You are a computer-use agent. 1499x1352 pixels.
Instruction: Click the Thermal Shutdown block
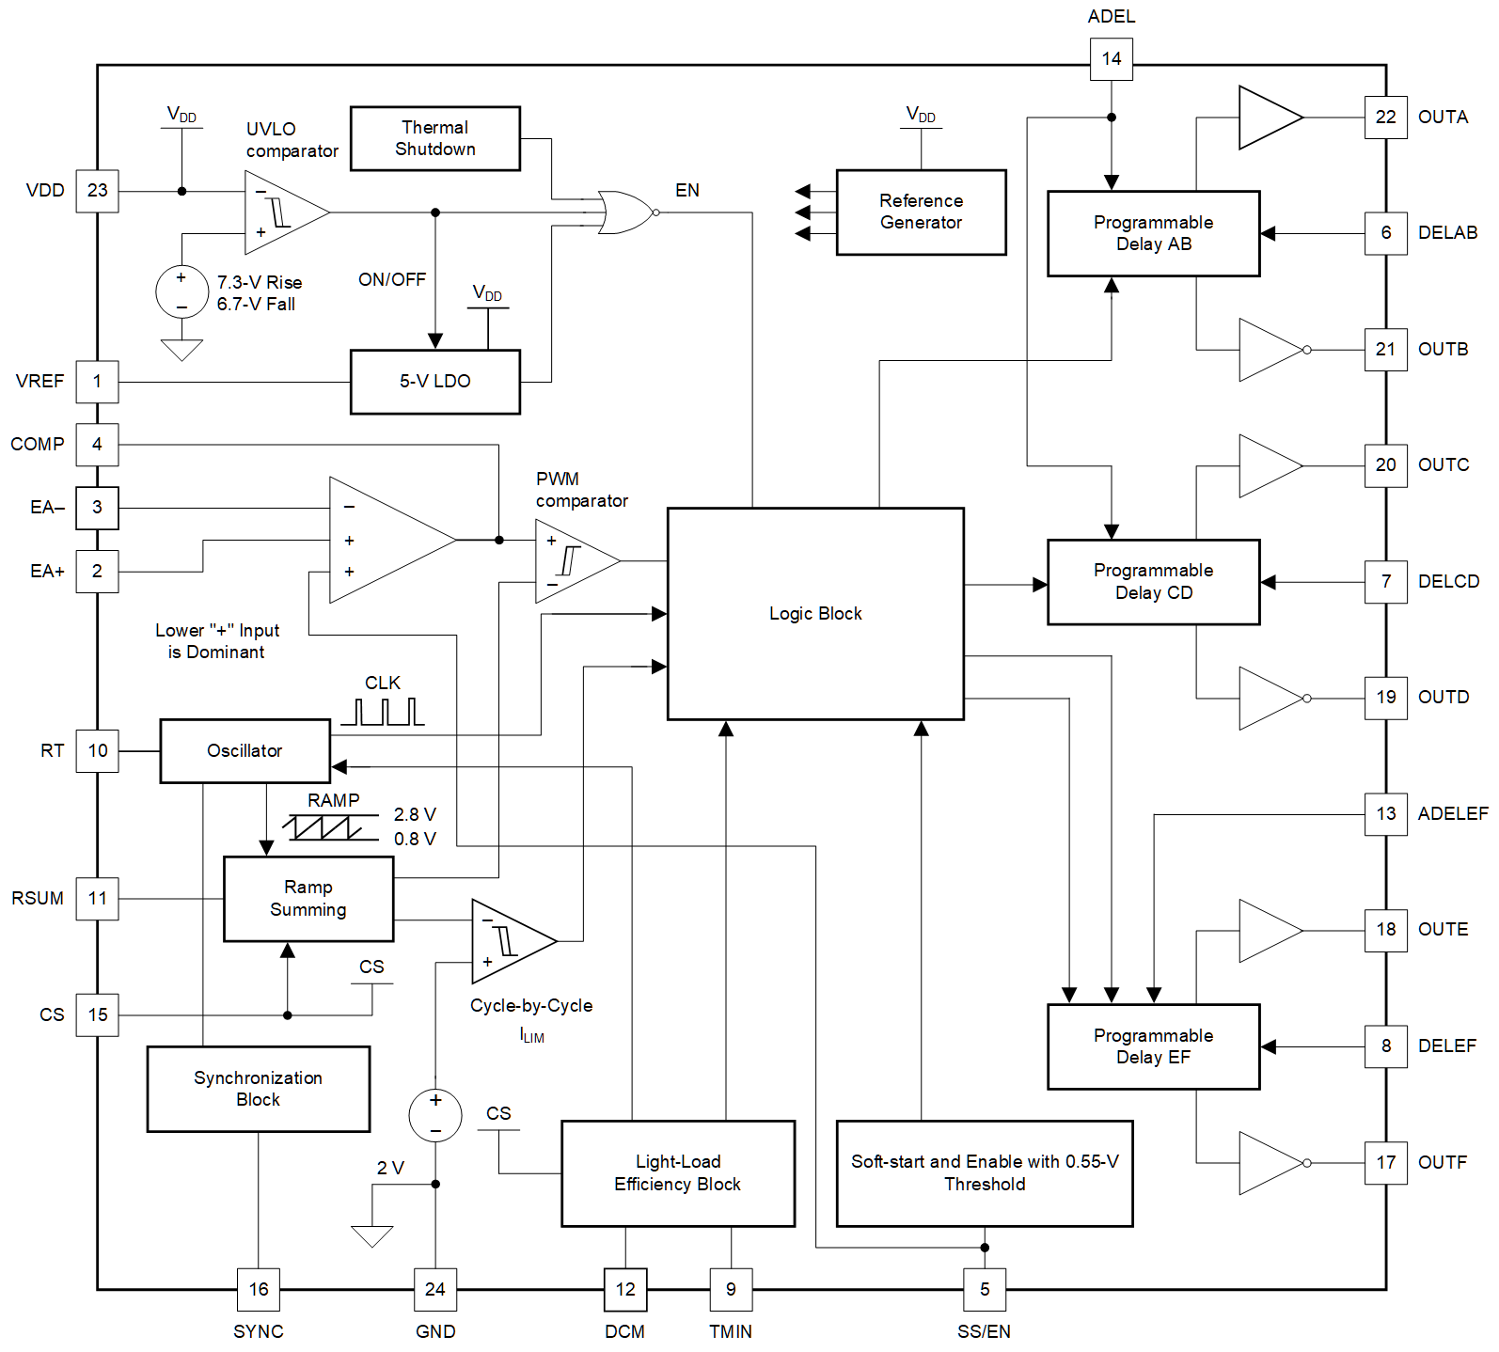click(x=434, y=138)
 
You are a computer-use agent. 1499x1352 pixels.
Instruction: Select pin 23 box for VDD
click(x=97, y=191)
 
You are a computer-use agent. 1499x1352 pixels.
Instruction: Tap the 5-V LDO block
click(x=434, y=382)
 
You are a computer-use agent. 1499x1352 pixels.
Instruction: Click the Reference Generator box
click(x=921, y=212)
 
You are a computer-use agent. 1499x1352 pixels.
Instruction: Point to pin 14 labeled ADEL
click(x=1111, y=59)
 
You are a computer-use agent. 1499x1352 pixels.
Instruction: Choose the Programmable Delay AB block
click(x=1153, y=233)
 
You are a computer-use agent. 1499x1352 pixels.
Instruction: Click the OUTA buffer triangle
click(x=1267, y=118)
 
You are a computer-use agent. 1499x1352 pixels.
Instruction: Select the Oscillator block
click(x=245, y=750)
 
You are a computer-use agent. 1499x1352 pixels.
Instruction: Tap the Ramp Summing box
click(x=308, y=899)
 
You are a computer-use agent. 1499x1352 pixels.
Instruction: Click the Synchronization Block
click(x=258, y=1089)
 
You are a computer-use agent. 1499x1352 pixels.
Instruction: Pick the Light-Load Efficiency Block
click(x=677, y=1172)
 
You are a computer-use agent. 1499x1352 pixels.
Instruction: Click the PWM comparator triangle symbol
click(x=573, y=561)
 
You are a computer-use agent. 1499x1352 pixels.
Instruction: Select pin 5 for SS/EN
click(x=985, y=1289)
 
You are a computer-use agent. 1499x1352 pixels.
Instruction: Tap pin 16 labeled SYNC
click(x=259, y=1289)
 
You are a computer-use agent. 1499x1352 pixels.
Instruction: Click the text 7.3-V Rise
click(x=260, y=282)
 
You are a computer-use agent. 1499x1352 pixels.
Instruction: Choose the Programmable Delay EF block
click(x=1153, y=1046)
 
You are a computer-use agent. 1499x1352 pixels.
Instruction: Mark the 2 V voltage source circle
click(x=435, y=1115)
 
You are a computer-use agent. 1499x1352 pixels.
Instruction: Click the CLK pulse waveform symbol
click(x=383, y=712)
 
